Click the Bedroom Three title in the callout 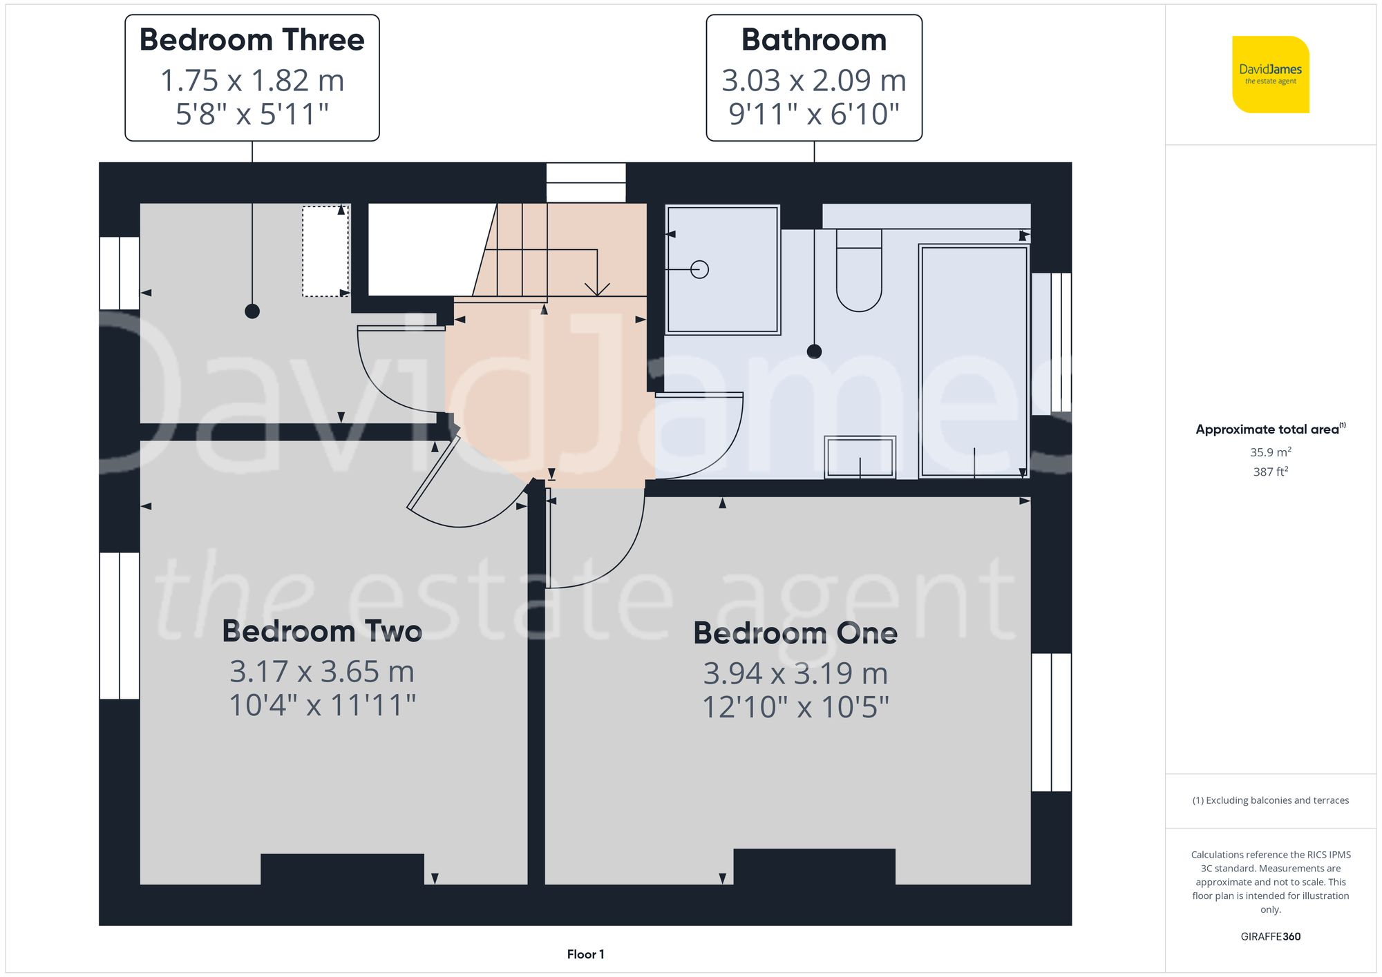[x=252, y=40]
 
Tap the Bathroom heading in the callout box [x=814, y=40]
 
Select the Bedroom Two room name [x=322, y=631]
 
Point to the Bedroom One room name [x=795, y=633]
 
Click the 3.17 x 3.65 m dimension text [x=322, y=671]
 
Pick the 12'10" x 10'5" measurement [x=795, y=707]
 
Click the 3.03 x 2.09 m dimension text [x=814, y=81]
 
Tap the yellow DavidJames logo [x=1270, y=75]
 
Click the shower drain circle [x=699, y=269]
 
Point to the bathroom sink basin [x=860, y=456]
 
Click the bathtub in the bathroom [x=974, y=360]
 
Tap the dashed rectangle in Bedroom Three [x=325, y=251]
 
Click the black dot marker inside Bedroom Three [x=252, y=311]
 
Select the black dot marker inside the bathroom [x=815, y=351]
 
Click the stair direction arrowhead [x=597, y=289]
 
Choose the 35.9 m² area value [x=1270, y=452]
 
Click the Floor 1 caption [x=585, y=954]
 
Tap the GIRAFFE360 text [x=1270, y=937]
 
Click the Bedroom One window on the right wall [x=1051, y=722]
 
